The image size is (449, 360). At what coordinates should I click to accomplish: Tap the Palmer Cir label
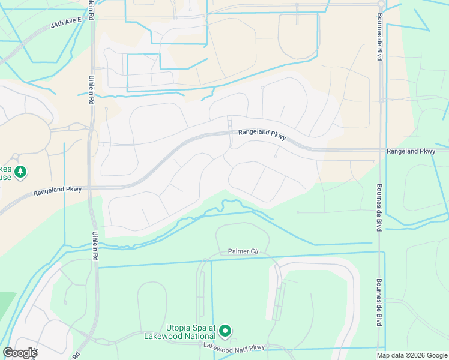pyautogui.click(x=243, y=252)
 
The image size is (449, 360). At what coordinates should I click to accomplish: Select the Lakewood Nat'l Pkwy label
pyautogui.click(x=234, y=346)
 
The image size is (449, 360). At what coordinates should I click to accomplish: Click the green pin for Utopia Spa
pyautogui.click(x=225, y=331)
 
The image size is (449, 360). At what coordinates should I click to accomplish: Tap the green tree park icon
pyautogui.click(x=20, y=173)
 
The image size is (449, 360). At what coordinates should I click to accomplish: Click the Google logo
pyautogui.click(x=20, y=353)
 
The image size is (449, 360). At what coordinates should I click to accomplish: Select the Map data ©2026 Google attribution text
pyautogui.click(x=412, y=355)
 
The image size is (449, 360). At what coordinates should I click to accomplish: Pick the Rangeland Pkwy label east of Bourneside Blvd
pyautogui.click(x=411, y=152)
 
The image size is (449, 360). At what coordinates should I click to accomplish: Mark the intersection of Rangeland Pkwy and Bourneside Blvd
pyautogui.click(x=380, y=151)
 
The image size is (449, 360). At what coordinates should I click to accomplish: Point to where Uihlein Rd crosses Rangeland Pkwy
pyautogui.click(x=92, y=187)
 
